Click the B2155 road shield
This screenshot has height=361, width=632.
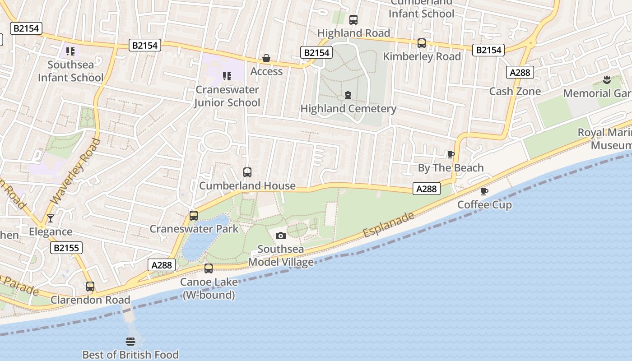pyautogui.click(x=66, y=248)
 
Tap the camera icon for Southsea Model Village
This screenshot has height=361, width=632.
pyautogui.click(x=280, y=236)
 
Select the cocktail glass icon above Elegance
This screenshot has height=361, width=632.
pyautogui.click(x=51, y=218)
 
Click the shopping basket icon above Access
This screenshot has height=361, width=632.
pyautogui.click(x=266, y=59)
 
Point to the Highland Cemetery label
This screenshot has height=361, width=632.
pyautogui.click(x=348, y=109)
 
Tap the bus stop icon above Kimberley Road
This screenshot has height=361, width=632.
pyautogui.click(x=421, y=43)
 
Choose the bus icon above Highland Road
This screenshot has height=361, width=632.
pyautogui.click(x=353, y=20)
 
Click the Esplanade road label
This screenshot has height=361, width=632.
pyautogui.click(x=388, y=225)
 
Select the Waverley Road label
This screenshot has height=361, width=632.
pyautogui.click(x=75, y=171)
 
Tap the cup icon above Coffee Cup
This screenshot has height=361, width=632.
pyautogui.click(x=484, y=192)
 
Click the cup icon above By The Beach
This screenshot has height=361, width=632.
pyautogui.click(x=451, y=155)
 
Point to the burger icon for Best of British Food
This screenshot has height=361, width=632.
pyautogui.click(x=130, y=341)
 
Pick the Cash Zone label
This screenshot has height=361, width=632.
pyautogui.click(x=515, y=91)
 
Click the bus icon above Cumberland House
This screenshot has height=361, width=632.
pyautogui.click(x=247, y=172)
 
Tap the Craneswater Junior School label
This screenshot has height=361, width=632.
pyautogui.click(x=227, y=96)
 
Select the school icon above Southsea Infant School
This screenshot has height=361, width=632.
pyautogui.click(x=70, y=51)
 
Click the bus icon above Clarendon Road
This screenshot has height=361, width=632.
pyautogui.click(x=90, y=287)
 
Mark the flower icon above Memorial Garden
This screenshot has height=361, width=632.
pyautogui.click(x=606, y=80)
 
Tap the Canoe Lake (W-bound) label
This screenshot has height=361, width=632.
pyautogui.click(x=209, y=288)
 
